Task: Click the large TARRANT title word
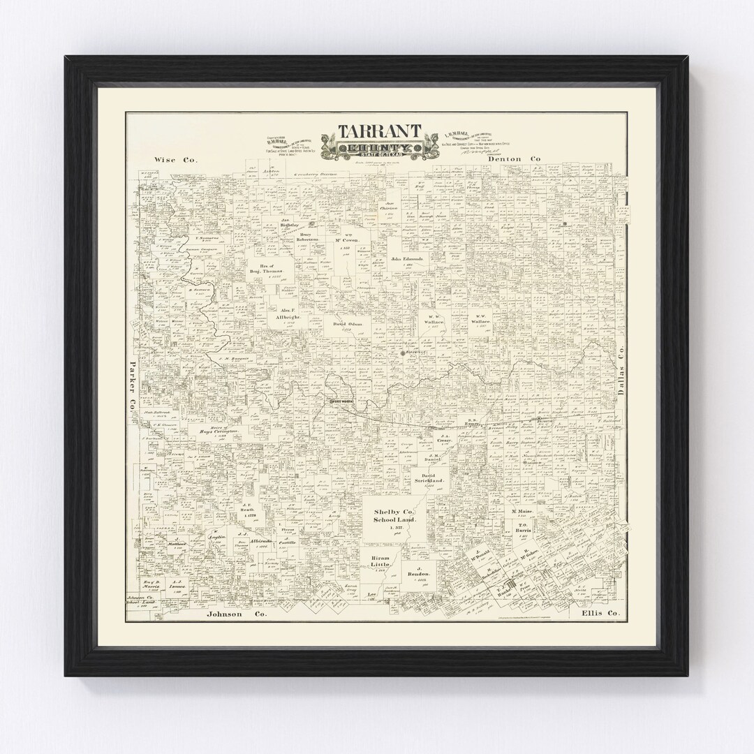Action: click(380, 132)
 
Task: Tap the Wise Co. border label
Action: click(175, 160)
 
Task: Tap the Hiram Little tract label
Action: click(381, 563)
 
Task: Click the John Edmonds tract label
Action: click(407, 259)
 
